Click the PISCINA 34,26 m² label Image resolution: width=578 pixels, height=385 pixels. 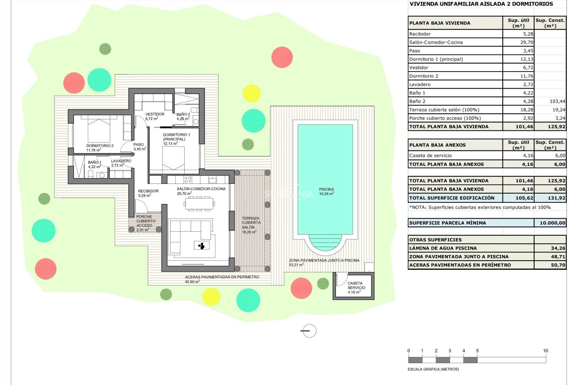point(326,192)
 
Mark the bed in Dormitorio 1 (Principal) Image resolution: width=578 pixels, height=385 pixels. point(173,158)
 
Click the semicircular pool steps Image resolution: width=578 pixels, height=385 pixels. point(325,242)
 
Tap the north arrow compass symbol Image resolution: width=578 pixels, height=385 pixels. point(309,331)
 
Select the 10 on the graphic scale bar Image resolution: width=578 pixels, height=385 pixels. point(545,351)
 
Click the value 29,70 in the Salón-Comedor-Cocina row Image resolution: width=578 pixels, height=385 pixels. point(527,42)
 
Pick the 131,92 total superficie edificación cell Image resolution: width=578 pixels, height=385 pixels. point(556,198)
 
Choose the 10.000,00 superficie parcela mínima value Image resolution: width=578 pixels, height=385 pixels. point(552,223)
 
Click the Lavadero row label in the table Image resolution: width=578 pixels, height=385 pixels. point(420,85)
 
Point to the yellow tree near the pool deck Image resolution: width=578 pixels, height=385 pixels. point(251,93)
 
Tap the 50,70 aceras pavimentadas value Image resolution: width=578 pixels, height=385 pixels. point(558,265)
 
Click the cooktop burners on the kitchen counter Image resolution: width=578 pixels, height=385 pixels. point(188,180)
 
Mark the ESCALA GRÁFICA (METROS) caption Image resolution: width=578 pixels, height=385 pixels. point(433,369)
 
